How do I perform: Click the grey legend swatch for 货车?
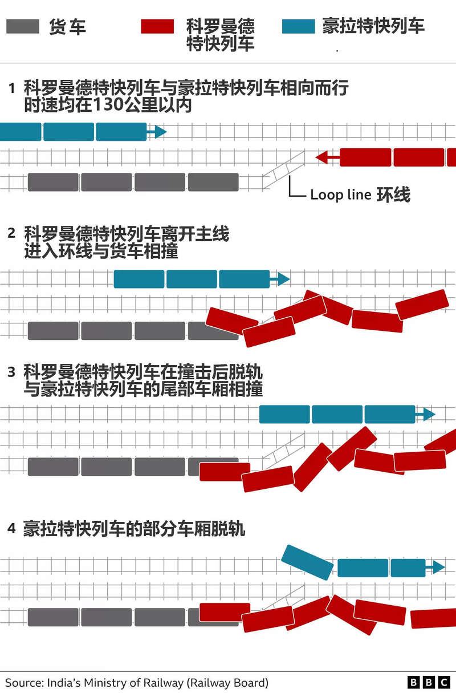23,26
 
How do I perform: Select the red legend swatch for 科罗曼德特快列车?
157,26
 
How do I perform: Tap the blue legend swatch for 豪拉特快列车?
298,26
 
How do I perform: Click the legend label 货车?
67,27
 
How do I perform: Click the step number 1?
12,88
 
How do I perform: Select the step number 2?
11,233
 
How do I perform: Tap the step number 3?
11,372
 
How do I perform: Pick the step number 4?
11,528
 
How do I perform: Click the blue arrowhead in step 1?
160,132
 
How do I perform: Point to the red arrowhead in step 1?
321,157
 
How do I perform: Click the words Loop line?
341,195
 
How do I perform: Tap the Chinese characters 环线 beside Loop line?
393,194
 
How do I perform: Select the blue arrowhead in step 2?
284,279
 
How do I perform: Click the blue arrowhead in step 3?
429,414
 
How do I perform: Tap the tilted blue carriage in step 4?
307,562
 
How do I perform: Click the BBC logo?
429,682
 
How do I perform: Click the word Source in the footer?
25,683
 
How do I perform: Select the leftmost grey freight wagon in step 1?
53,182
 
